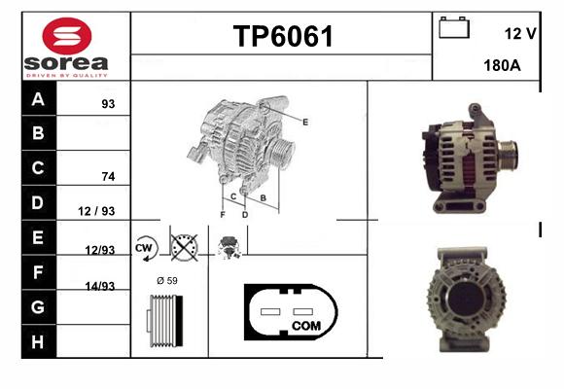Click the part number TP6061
(283, 36)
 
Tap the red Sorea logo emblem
(67, 36)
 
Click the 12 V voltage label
(520, 33)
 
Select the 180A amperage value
(502, 65)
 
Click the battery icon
(454, 27)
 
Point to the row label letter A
(38, 99)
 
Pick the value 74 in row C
(108, 176)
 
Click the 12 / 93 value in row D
(96, 211)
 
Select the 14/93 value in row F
(100, 286)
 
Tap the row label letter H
(38, 342)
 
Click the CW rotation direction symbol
(145, 248)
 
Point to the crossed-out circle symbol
(184, 248)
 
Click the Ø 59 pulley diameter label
(167, 281)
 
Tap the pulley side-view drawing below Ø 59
(164, 321)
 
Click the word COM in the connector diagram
(306, 326)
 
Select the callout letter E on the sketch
(305, 123)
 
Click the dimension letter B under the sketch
(264, 198)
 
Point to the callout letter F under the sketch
(223, 215)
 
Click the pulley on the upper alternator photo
(508, 155)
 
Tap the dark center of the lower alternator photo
(466, 299)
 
